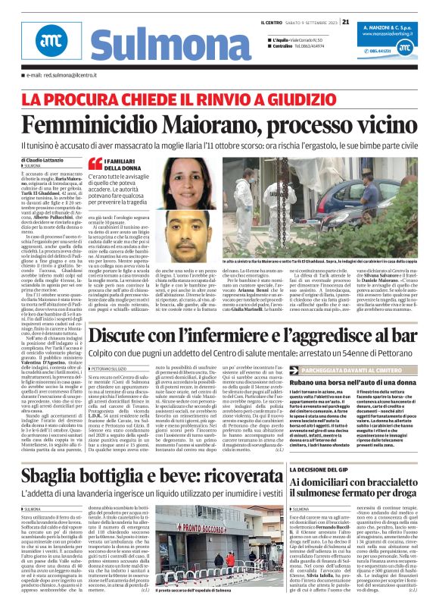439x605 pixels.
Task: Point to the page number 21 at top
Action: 345,21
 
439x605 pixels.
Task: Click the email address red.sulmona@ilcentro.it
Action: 61,76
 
